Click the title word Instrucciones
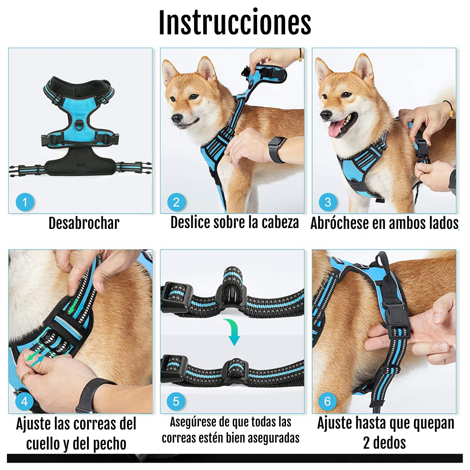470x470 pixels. (235, 22)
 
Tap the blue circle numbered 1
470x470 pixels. (24, 202)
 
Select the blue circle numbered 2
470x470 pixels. (176, 202)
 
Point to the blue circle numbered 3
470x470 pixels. (328, 202)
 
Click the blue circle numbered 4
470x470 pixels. (24, 402)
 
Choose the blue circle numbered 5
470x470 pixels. (176, 402)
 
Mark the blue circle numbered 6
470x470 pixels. (328, 402)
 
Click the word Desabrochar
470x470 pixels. (84, 223)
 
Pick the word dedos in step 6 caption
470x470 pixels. (389, 443)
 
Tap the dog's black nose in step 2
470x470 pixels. (177, 118)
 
